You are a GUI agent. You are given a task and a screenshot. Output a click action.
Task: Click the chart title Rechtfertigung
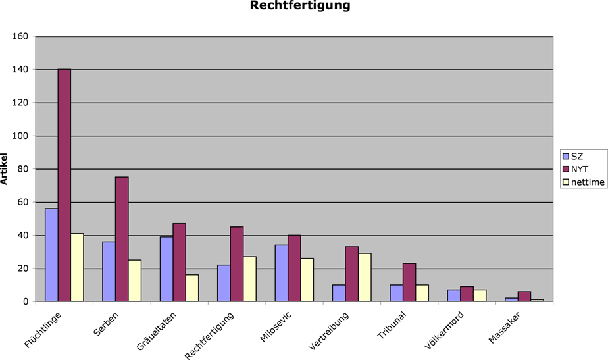(299, 7)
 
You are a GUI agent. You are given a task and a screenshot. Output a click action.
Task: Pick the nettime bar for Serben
(135, 280)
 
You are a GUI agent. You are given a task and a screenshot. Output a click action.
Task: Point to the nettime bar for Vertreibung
(365, 277)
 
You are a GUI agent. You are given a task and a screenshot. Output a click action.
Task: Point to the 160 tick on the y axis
(20, 36)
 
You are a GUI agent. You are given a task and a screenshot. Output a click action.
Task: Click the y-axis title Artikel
(5, 169)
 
